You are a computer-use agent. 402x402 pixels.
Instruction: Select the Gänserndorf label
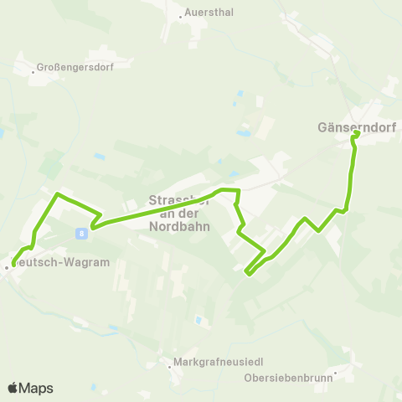pos(356,128)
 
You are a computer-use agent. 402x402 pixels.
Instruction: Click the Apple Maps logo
pos(30,388)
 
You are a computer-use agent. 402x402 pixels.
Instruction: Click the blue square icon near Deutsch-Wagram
pos(81,233)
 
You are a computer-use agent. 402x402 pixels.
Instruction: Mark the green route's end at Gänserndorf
pos(357,133)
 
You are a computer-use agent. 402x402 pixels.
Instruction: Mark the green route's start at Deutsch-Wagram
pos(14,265)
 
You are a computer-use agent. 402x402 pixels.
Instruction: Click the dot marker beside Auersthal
pos(181,15)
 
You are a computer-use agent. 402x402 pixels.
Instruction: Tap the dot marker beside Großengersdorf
pos(33,71)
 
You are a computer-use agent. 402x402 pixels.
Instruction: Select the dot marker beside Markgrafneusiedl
pos(167,365)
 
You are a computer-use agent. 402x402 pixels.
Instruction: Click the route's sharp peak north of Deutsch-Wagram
pos(56,195)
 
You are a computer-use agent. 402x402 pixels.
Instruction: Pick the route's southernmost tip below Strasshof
pos(247,272)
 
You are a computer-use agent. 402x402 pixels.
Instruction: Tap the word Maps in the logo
pos(36,388)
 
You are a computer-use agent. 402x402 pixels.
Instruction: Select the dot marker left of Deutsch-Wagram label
pos(7,267)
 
